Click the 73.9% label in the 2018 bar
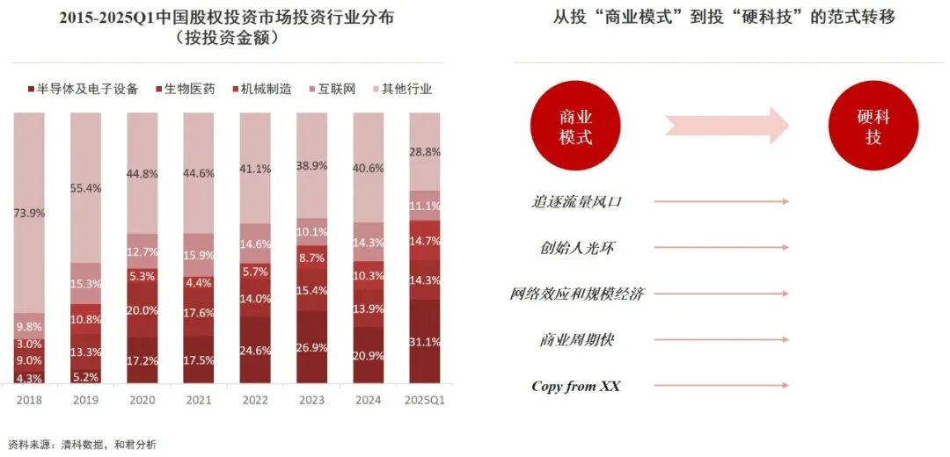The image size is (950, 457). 28,213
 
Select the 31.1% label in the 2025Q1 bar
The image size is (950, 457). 425,342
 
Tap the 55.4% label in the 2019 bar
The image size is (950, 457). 85,188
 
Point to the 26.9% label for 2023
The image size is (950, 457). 312,347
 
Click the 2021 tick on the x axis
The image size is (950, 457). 199,400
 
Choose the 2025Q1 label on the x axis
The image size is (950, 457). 425,400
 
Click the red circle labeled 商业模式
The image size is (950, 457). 575,127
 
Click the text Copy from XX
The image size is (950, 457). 575,386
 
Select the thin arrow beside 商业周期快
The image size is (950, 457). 721,339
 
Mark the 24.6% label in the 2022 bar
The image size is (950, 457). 255,348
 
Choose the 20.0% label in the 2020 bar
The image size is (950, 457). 142,310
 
